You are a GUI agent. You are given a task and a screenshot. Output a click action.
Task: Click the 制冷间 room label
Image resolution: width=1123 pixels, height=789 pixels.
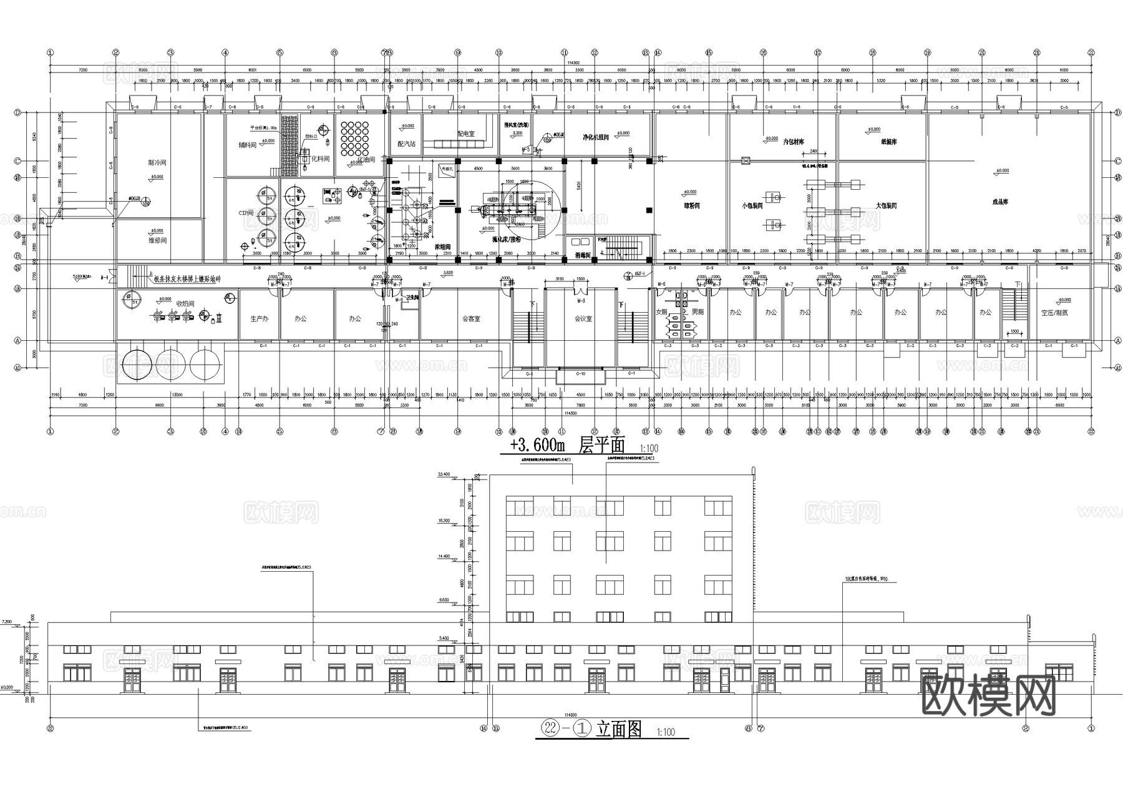coord(157,162)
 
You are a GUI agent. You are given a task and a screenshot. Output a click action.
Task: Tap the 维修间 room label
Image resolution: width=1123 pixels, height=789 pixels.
coord(157,240)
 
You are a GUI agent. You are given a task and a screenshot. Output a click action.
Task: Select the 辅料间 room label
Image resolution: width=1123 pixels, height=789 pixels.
coord(247,145)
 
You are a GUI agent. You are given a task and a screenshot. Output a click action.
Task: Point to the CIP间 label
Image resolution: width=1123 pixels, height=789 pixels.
coord(246,213)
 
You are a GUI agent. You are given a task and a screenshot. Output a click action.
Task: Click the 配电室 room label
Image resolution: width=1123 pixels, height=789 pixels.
coord(465,134)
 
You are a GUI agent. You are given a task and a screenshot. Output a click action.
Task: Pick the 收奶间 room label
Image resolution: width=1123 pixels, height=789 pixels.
coord(185,303)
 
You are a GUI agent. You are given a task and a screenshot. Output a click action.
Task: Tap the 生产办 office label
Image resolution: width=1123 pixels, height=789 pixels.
coord(259,318)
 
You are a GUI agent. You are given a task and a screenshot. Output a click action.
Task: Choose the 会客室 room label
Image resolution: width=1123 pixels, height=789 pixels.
coord(471,318)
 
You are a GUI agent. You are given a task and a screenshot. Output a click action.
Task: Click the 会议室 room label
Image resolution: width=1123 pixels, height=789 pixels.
coord(583,318)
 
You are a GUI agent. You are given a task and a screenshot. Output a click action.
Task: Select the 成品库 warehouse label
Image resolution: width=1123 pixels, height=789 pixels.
coord(1000,202)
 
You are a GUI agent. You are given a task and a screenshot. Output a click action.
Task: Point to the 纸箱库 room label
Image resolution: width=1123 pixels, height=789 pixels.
coord(888,142)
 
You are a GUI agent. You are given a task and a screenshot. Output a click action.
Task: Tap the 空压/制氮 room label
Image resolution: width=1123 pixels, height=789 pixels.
coord(1054,313)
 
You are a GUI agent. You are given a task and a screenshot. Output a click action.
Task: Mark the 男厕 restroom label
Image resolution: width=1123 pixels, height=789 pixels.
coord(698,311)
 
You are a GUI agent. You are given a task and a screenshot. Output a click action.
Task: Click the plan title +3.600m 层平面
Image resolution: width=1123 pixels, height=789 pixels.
coord(567,445)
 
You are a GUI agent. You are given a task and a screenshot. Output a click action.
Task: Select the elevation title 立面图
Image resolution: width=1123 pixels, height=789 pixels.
coord(618,729)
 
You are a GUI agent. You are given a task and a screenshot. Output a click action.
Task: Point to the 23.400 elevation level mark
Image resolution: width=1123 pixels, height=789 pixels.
coord(444,474)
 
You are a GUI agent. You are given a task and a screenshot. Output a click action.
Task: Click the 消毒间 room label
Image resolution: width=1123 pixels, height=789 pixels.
coord(583,255)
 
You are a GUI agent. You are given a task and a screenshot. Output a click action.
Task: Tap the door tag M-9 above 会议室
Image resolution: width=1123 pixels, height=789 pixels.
coord(581,301)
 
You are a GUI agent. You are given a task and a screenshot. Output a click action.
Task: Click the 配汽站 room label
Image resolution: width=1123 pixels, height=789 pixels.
coord(406,144)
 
